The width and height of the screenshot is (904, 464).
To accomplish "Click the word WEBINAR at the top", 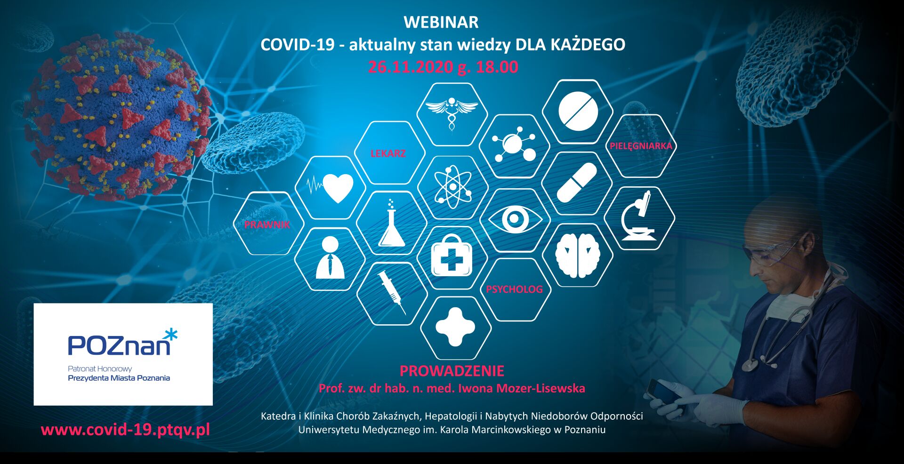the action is [441, 22].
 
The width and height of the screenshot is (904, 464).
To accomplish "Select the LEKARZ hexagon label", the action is [388, 153].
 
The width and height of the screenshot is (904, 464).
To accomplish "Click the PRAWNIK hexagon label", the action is [267, 225].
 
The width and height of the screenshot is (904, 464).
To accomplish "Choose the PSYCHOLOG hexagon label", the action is [514, 289].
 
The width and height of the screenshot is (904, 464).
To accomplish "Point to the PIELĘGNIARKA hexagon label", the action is [641, 146].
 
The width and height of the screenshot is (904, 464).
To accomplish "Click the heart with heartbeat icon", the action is [330, 188].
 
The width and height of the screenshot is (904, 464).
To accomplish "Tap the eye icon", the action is [515, 219].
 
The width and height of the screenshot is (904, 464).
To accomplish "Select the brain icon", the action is [578, 255].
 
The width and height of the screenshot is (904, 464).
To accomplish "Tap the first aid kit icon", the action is [452, 256].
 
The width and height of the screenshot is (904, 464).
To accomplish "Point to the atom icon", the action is [452, 187].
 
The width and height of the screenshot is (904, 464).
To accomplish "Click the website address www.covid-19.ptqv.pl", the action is [125, 430].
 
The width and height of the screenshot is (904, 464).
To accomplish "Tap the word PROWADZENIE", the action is [452, 371].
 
